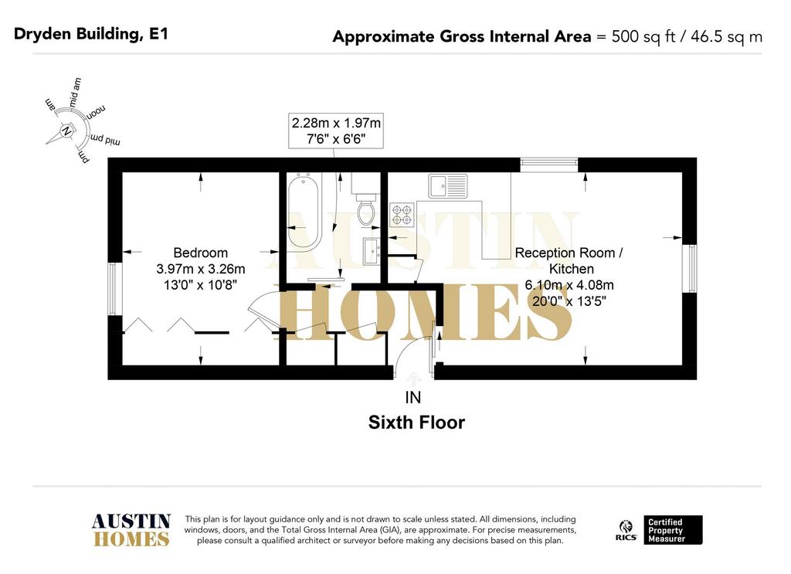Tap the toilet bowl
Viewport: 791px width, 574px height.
point(365,212)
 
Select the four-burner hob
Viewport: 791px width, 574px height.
point(402,214)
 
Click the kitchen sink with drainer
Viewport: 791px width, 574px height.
point(447,185)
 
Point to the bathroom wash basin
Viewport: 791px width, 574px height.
point(372,251)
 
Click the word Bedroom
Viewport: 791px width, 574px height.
point(200,253)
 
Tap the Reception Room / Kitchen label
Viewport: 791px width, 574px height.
point(569,261)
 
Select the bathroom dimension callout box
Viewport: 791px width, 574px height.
point(336,131)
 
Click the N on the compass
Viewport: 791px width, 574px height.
point(66,131)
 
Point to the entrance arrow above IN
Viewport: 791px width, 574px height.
point(414,379)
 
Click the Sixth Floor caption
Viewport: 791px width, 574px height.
point(416,422)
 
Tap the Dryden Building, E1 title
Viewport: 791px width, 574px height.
point(91,34)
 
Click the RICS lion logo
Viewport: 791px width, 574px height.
point(626,530)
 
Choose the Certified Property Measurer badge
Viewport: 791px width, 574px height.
point(673,530)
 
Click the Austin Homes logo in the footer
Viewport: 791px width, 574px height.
point(131,530)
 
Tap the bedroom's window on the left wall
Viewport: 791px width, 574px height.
point(115,289)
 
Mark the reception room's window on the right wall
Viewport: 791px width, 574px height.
point(690,268)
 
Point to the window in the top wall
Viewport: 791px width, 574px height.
point(549,165)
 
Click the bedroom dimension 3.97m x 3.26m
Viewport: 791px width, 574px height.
point(200,269)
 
